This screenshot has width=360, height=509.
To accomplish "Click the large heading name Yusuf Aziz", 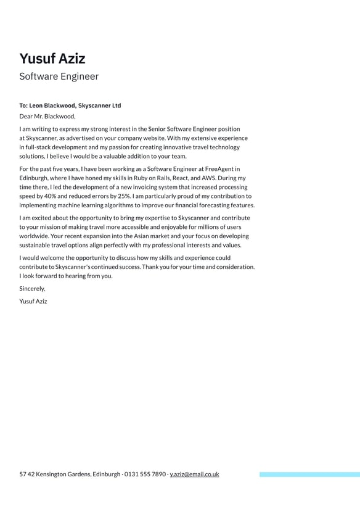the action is coord(52,59).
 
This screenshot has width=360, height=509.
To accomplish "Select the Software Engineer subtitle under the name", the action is coord(59,77).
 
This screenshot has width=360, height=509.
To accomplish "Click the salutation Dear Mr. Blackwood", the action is coord(47,116).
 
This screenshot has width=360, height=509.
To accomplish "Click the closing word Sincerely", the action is coord(32,289).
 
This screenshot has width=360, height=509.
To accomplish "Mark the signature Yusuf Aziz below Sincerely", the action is coord(33,302).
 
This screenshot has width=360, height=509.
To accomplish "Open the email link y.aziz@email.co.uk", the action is coord(194,474).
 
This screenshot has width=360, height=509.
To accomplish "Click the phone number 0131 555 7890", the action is coord(145,474).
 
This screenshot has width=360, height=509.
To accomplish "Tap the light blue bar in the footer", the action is coord(309,474).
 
